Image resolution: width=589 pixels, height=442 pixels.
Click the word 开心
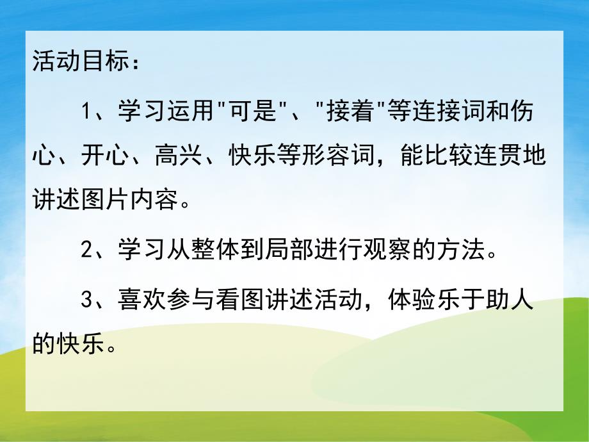click(x=100, y=158)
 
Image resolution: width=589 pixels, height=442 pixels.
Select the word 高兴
click(x=173, y=158)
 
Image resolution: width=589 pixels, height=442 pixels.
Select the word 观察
click(x=394, y=250)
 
